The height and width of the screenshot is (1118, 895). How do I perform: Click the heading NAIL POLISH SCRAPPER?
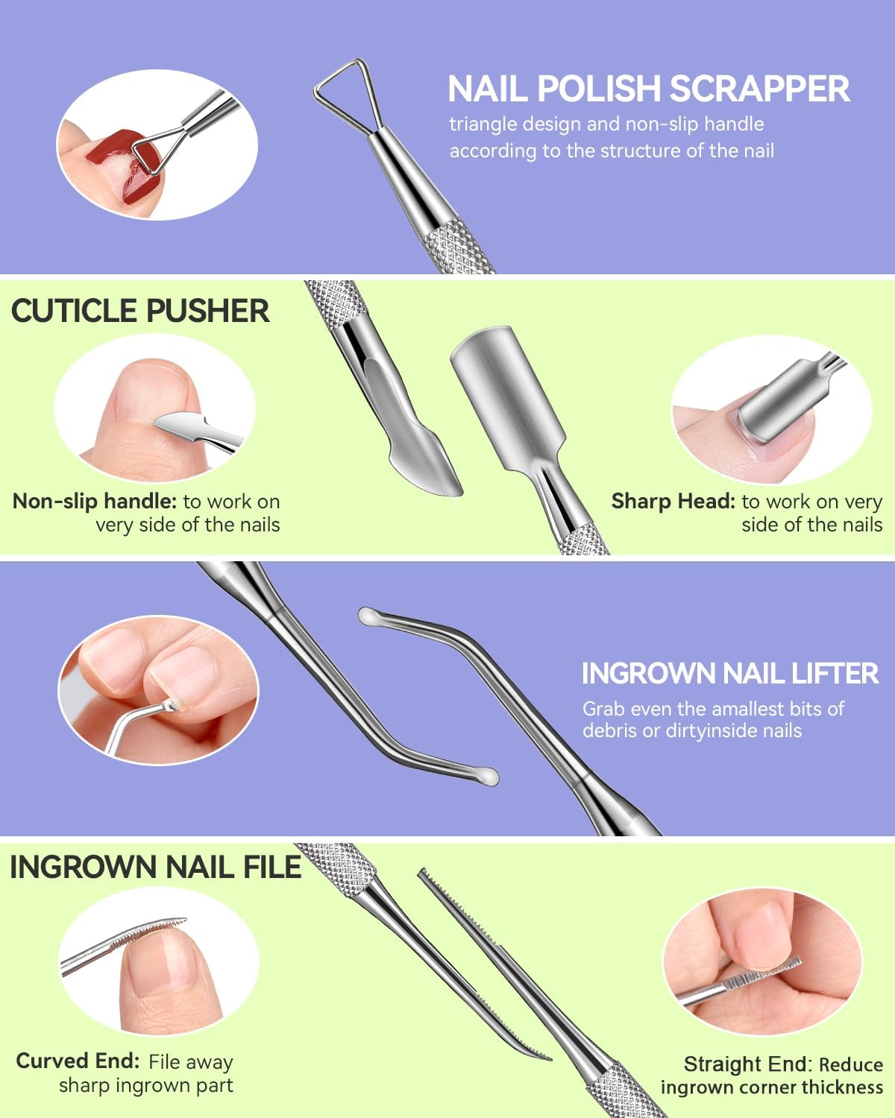click(648, 89)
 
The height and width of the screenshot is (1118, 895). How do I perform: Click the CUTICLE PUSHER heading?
click(140, 311)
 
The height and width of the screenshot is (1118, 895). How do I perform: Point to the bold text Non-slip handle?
click(95, 501)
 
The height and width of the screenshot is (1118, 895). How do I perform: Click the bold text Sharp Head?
click(673, 501)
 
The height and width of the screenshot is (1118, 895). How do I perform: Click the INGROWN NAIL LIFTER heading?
click(729, 674)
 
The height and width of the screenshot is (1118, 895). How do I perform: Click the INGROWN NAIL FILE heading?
click(155, 868)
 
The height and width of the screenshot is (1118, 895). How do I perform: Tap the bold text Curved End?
click(78, 1061)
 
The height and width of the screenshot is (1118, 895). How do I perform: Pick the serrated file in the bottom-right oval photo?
click(768, 972)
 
